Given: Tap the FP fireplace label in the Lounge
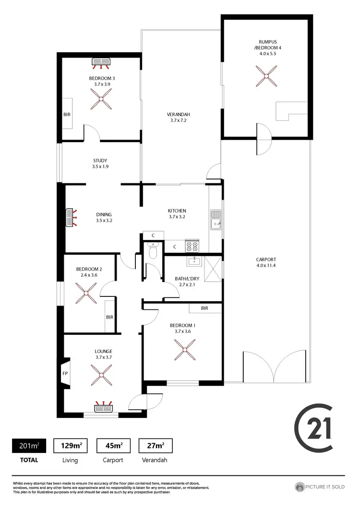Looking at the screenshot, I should pos(65,372).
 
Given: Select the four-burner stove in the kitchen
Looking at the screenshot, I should pos(192,246).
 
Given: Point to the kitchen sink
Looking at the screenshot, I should pos(216,221).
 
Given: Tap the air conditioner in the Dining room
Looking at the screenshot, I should pos(71,217).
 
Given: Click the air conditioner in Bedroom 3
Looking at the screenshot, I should pos(101,62).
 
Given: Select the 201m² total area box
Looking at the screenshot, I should pos(29,446).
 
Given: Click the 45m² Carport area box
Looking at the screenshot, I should pos(113,446).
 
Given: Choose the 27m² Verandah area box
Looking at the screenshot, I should pos(156,446).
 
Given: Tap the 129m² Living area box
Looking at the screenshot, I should pos(71,446).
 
